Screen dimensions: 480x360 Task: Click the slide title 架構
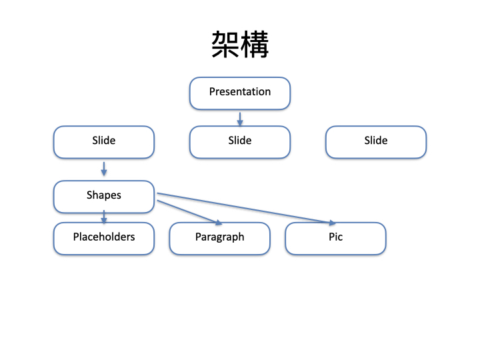click(240, 45)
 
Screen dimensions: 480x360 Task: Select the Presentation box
click(240, 93)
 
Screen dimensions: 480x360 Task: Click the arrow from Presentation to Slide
click(240, 119)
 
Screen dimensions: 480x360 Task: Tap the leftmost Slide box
click(104, 142)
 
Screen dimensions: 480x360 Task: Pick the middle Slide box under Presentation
click(240, 142)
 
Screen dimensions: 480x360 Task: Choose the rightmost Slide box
click(376, 142)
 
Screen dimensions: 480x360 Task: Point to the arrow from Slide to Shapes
click(104, 169)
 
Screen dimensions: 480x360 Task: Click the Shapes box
click(104, 197)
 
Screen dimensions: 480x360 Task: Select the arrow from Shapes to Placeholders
click(104, 217)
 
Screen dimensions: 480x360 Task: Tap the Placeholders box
click(104, 239)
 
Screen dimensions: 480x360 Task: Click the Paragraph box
click(220, 239)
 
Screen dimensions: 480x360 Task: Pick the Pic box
click(335, 239)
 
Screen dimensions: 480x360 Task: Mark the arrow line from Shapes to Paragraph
click(190, 213)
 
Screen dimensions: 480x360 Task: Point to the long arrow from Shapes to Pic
click(247, 209)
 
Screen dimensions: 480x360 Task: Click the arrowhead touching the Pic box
click(333, 223)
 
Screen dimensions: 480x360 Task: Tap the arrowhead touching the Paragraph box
click(219, 223)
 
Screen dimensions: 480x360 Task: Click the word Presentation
click(240, 91)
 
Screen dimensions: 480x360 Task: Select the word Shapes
click(104, 195)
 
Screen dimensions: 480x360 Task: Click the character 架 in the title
click(225, 45)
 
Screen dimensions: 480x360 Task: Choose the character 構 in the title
click(255, 45)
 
